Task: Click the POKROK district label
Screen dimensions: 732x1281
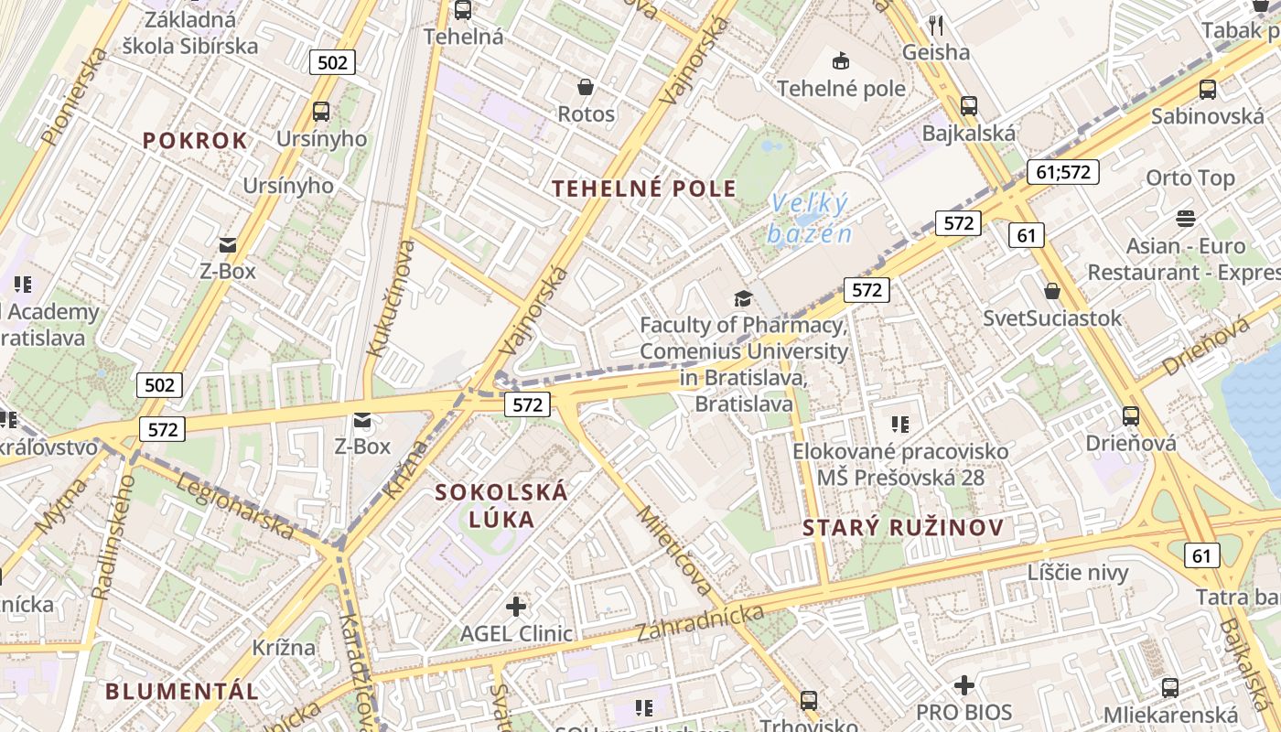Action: coord(195,140)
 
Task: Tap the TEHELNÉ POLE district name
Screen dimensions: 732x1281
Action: coord(644,188)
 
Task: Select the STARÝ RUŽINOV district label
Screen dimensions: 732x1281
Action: coord(903,527)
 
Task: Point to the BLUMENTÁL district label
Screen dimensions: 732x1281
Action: coord(182,691)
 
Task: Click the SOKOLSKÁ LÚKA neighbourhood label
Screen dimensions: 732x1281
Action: coord(501,505)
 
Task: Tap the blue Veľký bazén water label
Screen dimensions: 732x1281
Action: coord(810,219)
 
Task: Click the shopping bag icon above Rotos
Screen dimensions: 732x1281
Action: coord(586,87)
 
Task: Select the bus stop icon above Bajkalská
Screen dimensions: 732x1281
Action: coord(968,105)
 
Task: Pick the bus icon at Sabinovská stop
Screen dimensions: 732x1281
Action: coord(1207,89)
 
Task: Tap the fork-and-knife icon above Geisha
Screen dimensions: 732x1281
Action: coord(935,25)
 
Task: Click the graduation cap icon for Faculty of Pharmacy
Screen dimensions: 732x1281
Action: coord(742,298)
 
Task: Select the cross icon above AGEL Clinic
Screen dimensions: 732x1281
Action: coord(516,606)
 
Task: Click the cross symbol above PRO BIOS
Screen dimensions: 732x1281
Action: coord(963,685)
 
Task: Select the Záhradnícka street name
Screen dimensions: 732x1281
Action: coord(700,622)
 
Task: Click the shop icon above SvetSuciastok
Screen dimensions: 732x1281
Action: coord(1051,291)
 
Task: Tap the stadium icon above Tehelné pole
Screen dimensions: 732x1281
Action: coord(839,61)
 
